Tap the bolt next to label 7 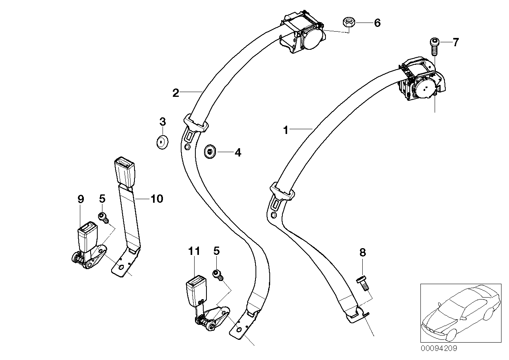pyautogui.click(x=434, y=46)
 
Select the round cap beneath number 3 pyautogui.click(x=161, y=142)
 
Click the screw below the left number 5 pyautogui.click(x=103, y=217)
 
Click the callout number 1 pyautogui.click(x=286, y=130)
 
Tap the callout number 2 pyautogui.click(x=176, y=93)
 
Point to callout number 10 pyautogui.click(x=157, y=198)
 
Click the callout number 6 pyautogui.click(x=377, y=23)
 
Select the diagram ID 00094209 pyautogui.click(x=438, y=349)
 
